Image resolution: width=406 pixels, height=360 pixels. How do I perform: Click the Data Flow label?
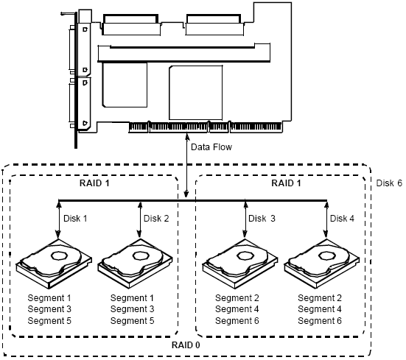click(x=211, y=147)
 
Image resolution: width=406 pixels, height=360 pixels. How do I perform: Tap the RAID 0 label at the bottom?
click(x=186, y=345)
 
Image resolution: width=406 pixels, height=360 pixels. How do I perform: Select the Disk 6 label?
click(x=389, y=183)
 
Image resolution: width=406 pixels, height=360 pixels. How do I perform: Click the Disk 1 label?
click(x=75, y=218)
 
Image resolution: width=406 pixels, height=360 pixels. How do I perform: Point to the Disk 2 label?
click(x=156, y=218)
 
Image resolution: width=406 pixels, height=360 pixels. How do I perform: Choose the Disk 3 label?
click(x=262, y=218)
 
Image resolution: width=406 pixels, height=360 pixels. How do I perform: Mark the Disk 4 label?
click(x=342, y=218)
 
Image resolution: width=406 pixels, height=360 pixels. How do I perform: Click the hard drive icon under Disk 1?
click(x=54, y=264)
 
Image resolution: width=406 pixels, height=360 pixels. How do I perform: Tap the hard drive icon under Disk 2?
click(x=135, y=264)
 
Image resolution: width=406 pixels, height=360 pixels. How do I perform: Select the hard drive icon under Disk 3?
click(x=240, y=264)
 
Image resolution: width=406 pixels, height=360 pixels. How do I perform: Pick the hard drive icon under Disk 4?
click(x=322, y=264)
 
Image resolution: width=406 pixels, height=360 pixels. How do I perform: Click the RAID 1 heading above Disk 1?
click(x=94, y=183)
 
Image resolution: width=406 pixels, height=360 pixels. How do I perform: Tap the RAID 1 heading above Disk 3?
click(x=286, y=183)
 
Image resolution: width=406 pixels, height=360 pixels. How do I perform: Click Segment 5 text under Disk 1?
click(x=49, y=321)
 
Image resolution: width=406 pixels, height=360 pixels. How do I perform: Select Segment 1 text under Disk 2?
click(x=132, y=298)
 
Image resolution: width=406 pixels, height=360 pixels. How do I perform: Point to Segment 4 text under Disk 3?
click(x=237, y=309)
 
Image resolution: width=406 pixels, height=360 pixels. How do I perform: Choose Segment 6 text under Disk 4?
click(x=320, y=321)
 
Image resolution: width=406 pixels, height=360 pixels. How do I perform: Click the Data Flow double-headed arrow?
click(x=186, y=165)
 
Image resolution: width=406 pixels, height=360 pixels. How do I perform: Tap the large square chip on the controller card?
click(x=196, y=93)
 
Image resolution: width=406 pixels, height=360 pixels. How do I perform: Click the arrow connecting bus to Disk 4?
click(x=326, y=219)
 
